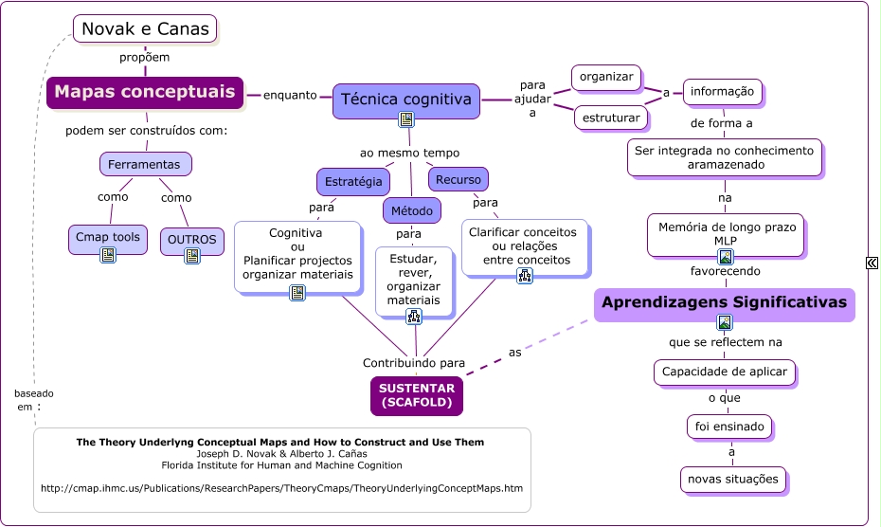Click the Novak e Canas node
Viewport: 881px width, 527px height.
145,29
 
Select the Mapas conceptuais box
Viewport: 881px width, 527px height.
145,92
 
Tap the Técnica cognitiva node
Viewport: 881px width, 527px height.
406,101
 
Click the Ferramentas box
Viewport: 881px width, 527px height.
146,164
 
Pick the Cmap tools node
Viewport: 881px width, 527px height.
108,240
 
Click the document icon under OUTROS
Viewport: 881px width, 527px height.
192,256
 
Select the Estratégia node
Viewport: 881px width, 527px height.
353,182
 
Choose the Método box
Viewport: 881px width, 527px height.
412,211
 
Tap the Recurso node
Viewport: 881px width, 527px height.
458,180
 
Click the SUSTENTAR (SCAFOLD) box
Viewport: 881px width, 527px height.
417,396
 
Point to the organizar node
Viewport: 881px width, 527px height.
606,78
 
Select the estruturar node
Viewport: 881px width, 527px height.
611,118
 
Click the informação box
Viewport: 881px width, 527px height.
723,92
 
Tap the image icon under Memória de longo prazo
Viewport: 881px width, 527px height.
726,257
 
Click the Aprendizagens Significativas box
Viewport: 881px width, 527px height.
725,305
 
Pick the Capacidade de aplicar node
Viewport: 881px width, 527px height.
725,373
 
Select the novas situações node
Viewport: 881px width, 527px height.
733,480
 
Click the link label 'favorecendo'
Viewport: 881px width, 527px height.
726,271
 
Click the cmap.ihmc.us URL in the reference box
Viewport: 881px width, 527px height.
282,488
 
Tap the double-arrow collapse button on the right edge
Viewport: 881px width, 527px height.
872,263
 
